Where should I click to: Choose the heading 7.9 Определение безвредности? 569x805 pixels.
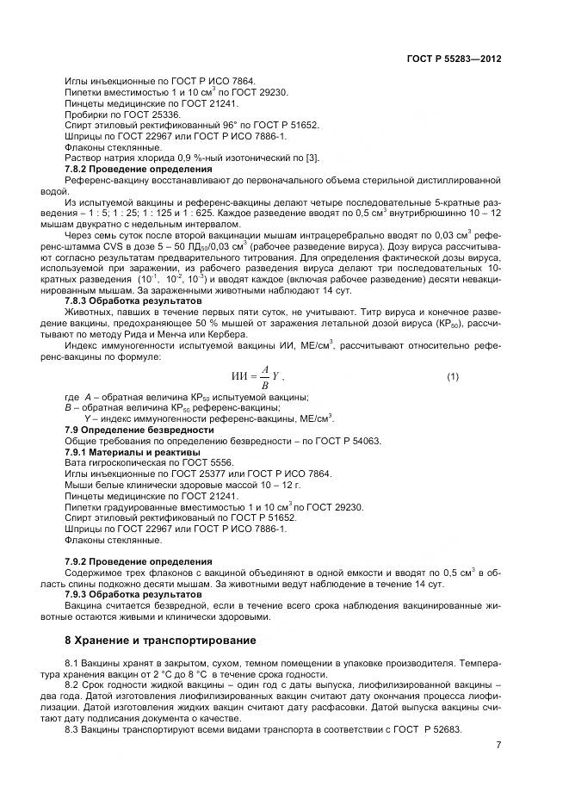[x=139, y=429]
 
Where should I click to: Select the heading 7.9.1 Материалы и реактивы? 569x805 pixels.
[x=133, y=451]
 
